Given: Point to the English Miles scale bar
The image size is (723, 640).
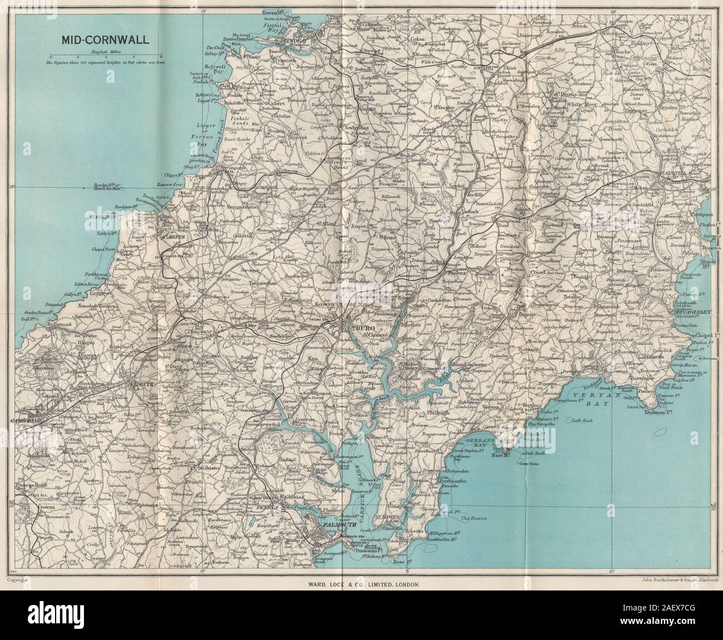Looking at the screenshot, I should tap(106, 57).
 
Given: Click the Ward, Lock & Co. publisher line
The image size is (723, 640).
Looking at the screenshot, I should tap(361, 569).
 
